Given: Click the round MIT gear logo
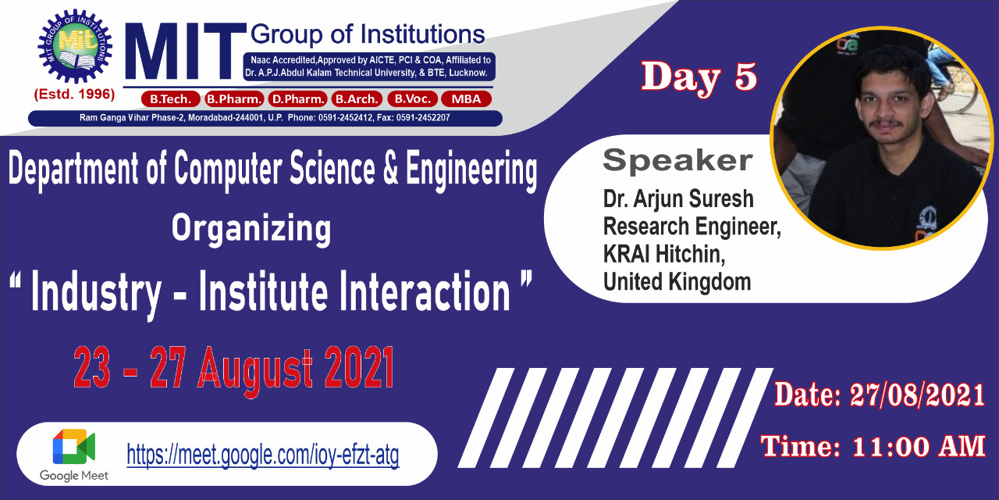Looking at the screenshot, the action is pyautogui.click(x=75, y=46).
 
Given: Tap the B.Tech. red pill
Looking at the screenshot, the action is pyautogui.click(x=170, y=98).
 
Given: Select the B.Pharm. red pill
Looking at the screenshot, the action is pyautogui.click(x=234, y=98).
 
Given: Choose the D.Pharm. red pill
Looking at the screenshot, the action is pyautogui.click(x=298, y=98).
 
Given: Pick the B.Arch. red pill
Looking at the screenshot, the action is pyautogui.click(x=357, y=98).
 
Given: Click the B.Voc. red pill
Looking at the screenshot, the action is pyautogui.click(x=413, y=98).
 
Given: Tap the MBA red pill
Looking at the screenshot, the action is pyautogui.click(x=466, y=98).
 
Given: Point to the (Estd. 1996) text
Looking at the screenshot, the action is pyautogui.click(x=74, y=95).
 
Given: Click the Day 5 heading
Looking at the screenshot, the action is pyautogui.click(x=699, y=77).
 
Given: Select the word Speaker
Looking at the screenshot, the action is pyautogui.click(x=677, y=160).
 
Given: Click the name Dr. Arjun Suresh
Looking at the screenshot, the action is pyautogui.click(x=678, y=199).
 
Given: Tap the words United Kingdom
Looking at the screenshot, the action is pyautogui.click(x=677, y=282).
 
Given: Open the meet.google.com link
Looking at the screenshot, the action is pyautogui.click(x=263, y=455).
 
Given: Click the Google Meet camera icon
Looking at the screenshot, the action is pyautogui.click(x=73, y=447).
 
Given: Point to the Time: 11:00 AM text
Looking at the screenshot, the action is pyautogui.click(x=873, y=446).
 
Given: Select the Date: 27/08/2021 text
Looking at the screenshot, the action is pyautogui.click(x=879, y=395).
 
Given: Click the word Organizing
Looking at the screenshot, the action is pyautogui.click(x=251, y=229).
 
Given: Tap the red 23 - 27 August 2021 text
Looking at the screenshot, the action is pyautogui.click(x=233, y=369).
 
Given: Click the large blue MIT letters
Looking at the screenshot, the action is pyautogui.click(x=185, y=52).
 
